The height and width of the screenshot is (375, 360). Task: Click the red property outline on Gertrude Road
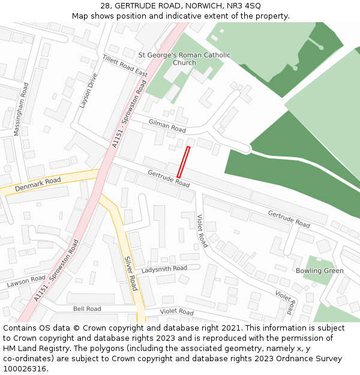pyautogui.click(x=183, y=161)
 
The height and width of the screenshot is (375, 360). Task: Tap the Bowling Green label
pyautogui.click(x=319, y=271)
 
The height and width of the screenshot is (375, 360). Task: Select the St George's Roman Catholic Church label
pyautogui.click(x=184, y=59)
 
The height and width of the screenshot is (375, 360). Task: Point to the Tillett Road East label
pyautogui.click(x=125, y=65)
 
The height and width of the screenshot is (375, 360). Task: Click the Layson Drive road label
pyautogui.click(x=88, y=91)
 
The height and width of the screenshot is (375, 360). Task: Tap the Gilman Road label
pyautogui.click(x=167, y=125)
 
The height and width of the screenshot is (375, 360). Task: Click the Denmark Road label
pyautogui.click(x=37, y=184)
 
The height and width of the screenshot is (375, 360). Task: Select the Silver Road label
pyautogui.click(x=131, y=273)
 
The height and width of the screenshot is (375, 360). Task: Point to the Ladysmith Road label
pyautogui.click(x=164, y=269)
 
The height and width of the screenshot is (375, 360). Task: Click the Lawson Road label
pyautogui.click(x=26, y=281)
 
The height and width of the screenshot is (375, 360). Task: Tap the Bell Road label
pyautogui.click(x=87, y=309)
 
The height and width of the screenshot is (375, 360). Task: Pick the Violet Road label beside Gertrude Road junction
pyautogui.click(x=201, y=231)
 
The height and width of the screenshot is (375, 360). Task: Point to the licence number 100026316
pyautogui.click(x=26, y=368)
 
